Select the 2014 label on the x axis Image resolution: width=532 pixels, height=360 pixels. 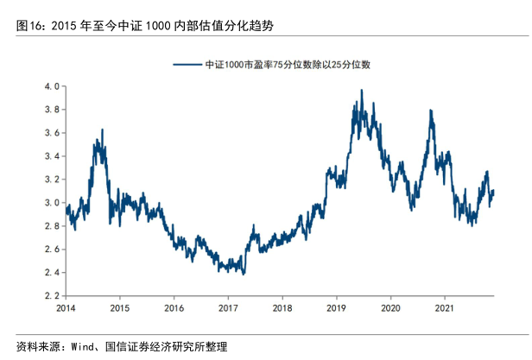[x=66, y=307]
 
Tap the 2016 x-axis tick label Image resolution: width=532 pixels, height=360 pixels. [x=174, y=307]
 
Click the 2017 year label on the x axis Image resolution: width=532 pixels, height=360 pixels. [x=228, y=307]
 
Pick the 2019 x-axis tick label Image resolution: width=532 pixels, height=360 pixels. [x=336, y=307]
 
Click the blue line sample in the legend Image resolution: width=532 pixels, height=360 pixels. [x=187, y=65]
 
